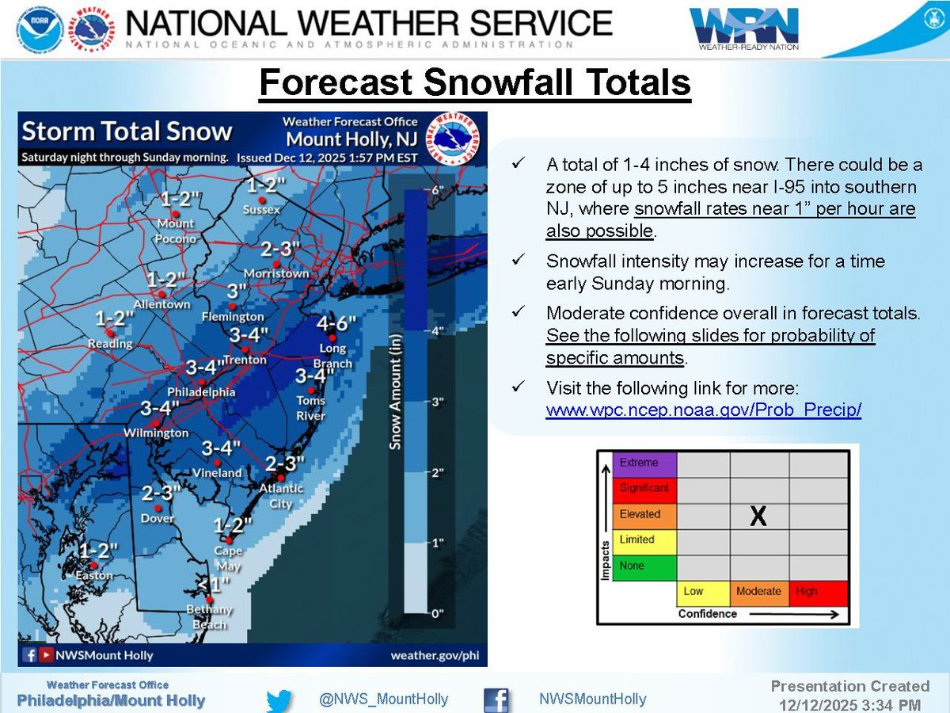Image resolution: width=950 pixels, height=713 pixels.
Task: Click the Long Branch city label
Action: (332, 355)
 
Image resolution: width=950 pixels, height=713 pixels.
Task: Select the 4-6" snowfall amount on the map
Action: (336, 324)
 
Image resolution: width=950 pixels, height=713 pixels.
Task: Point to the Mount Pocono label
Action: (175, 230)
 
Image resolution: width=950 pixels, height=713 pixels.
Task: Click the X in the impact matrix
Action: (758, 517)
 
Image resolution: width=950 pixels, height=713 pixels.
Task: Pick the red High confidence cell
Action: (818, 592)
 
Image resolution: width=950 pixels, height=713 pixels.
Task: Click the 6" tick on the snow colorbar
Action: (435, 190)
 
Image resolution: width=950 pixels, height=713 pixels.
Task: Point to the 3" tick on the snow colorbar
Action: (435, 402)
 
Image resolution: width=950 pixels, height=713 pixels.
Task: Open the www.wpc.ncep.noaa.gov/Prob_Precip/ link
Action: (703, 410)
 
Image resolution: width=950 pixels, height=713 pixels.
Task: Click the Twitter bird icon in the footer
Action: (279, 700)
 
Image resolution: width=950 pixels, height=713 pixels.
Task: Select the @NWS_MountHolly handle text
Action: (383, 700)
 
